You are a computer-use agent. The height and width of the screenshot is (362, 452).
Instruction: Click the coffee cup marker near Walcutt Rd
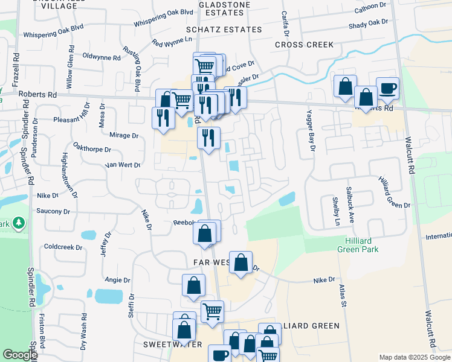[x=387, y=88]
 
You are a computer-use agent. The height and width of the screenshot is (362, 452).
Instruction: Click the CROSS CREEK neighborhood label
[x=304, y=45]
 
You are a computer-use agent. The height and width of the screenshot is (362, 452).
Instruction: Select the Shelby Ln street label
[x=336, y=211]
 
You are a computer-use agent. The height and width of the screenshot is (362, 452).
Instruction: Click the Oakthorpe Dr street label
[x=92, y=149]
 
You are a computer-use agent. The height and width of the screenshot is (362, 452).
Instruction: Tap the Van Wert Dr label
[x=122, y=165]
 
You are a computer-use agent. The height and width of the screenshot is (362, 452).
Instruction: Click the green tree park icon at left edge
[x=19, y=224]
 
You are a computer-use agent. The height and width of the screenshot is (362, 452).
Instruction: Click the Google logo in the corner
[x=19, y=355]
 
